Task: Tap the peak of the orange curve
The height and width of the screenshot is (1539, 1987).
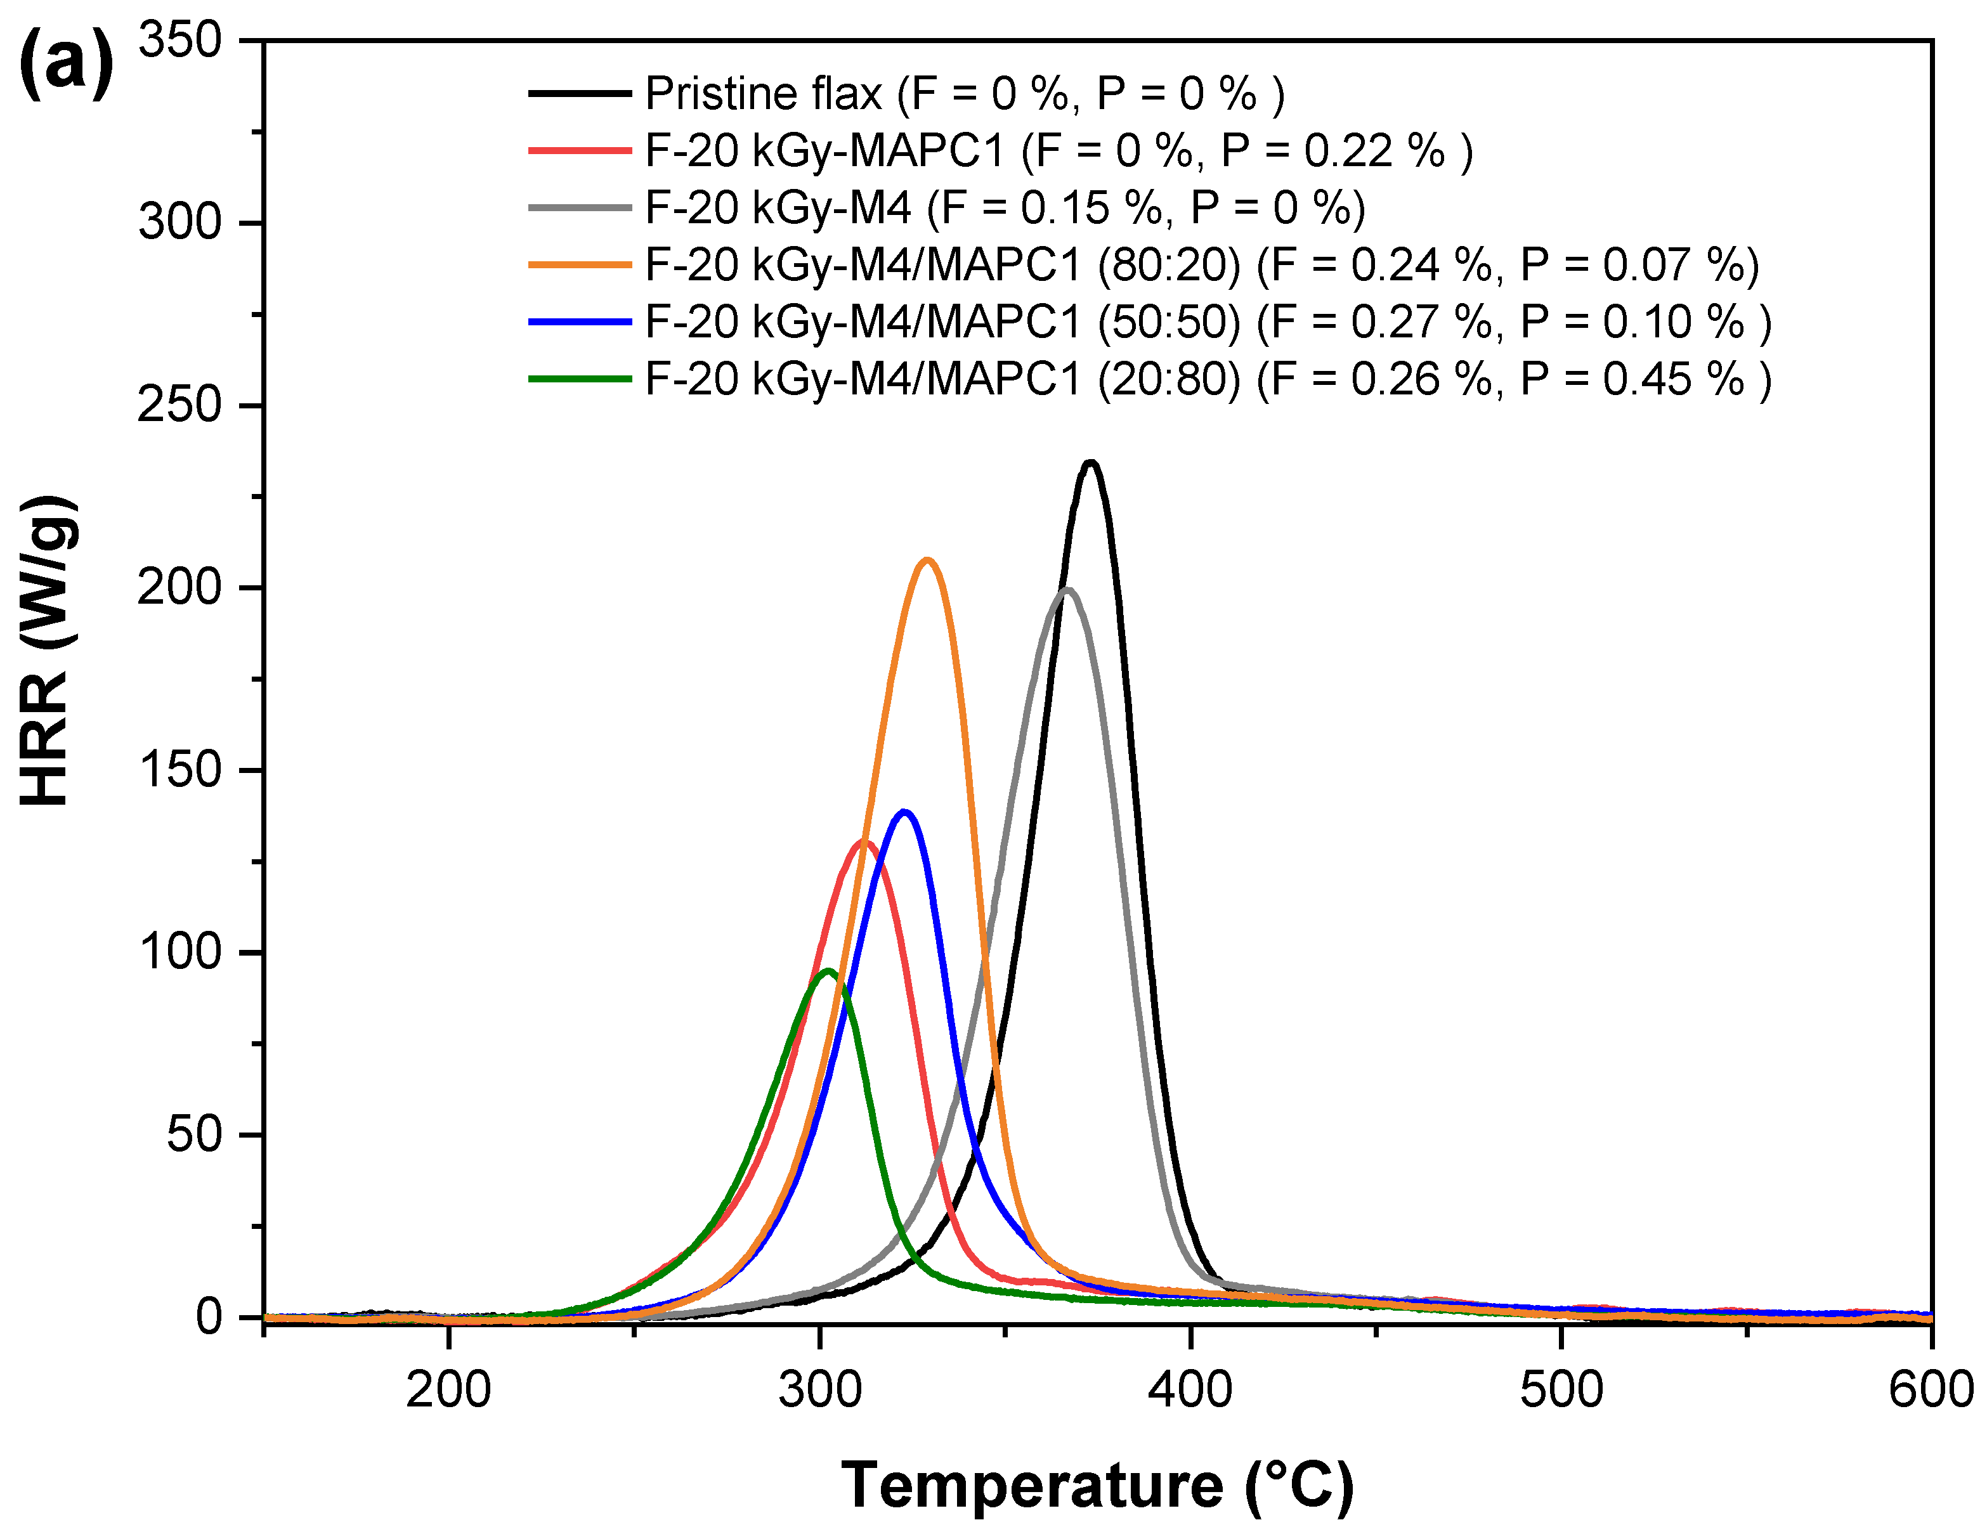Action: [927, 561]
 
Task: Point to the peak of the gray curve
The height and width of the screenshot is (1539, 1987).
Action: [1068, 590]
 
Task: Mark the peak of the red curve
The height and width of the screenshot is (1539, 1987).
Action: [863, 841]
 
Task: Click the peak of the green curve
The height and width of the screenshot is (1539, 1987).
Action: [828, 971]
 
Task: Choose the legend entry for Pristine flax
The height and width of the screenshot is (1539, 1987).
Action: [965, 94]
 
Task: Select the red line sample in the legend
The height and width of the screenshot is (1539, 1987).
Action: [580, 150]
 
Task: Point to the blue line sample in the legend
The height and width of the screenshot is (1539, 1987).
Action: [580, 322]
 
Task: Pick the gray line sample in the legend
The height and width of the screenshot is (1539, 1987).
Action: [580, 207]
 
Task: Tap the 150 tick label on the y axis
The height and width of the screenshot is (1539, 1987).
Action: [180, 770]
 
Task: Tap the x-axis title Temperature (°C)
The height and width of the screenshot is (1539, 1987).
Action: [1097, 1484]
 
